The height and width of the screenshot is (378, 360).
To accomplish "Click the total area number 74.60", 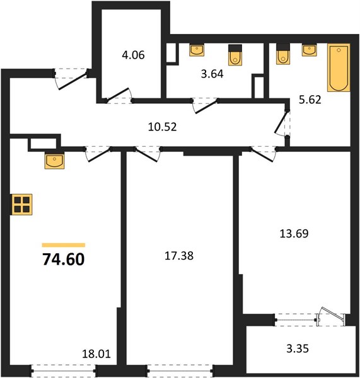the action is click(64, 259).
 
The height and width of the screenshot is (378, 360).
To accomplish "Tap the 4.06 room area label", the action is click(133, 55).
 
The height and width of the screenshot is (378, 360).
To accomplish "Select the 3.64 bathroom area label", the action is click(212, 74).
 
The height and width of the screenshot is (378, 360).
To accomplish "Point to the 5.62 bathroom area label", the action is click(310, 100).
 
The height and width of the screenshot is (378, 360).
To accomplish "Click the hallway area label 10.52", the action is click(163, 127).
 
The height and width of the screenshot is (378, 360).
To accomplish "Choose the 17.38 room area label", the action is click(179, 256).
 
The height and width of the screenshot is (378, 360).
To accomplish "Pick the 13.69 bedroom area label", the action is click(294, 234).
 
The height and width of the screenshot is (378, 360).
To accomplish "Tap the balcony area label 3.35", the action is click(298, 348).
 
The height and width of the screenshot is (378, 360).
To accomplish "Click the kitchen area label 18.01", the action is click(96, 354).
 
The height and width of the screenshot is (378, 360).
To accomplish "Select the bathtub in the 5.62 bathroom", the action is click(339, 67).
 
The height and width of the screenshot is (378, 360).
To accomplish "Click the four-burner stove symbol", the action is click(21, 204).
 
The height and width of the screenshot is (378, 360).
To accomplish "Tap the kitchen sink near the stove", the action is click(54, 161).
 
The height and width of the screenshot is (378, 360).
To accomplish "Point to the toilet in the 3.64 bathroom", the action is click(235, 55).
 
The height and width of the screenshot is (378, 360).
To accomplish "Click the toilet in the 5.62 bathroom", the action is click(283, 54).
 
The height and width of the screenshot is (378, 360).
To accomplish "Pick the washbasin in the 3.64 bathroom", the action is click(197, 50).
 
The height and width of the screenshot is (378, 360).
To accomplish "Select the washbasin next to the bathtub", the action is click(310, 50).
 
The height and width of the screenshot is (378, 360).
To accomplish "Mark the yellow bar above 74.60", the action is click(64, 245).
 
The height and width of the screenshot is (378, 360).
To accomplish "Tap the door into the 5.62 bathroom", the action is click(282, 123).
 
